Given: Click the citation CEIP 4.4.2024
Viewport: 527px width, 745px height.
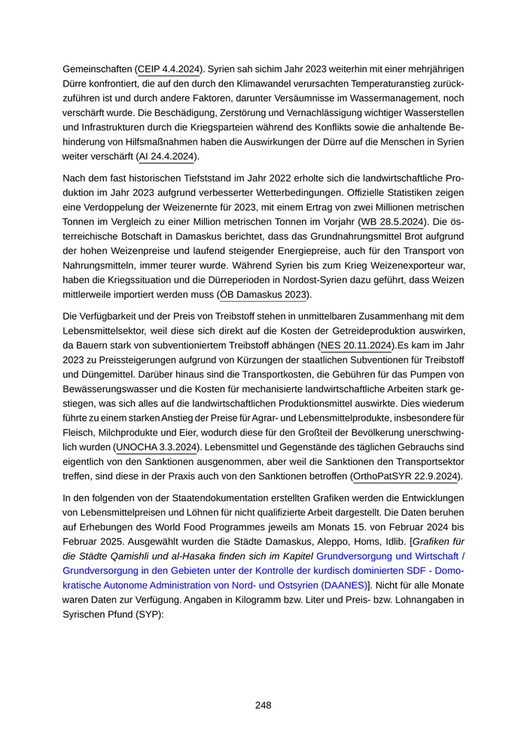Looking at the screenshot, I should tap(169, 69).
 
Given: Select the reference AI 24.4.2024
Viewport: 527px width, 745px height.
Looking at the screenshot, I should tap(166, 157).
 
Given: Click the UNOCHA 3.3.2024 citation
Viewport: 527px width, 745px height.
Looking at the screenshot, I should tap(156, 448).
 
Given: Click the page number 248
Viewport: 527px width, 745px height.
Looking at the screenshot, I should tap(263, 705).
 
